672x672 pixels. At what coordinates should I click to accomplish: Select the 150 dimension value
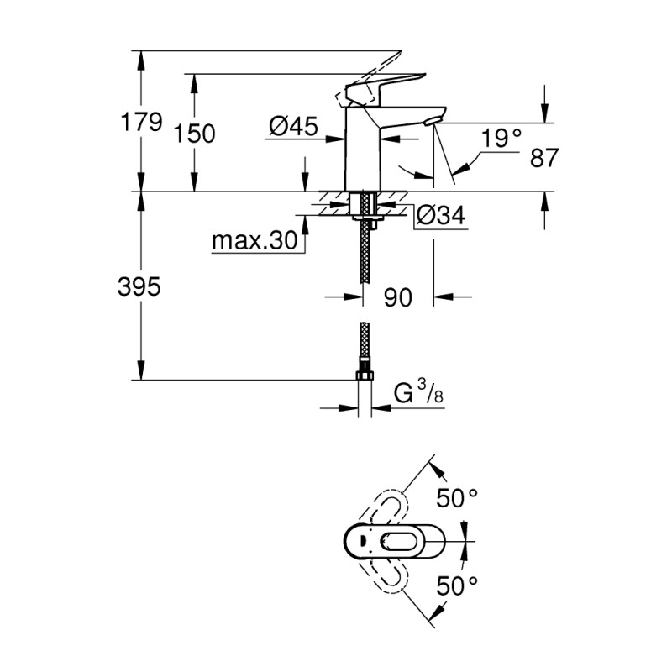[x=194, y=133]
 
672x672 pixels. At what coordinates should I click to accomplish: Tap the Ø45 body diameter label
[x=292, y=127]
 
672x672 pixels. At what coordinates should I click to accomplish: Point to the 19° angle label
[x=501, y=138]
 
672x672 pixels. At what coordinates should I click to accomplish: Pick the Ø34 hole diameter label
[x=440, y=216]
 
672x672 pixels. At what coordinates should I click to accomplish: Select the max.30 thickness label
[x=254, y=242]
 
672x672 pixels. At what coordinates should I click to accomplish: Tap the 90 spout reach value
[x=397, y=297]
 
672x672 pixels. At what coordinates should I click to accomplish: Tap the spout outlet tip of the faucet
[x=432, y=122]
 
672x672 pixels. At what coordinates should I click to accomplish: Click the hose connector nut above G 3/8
[x=364, y=370]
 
